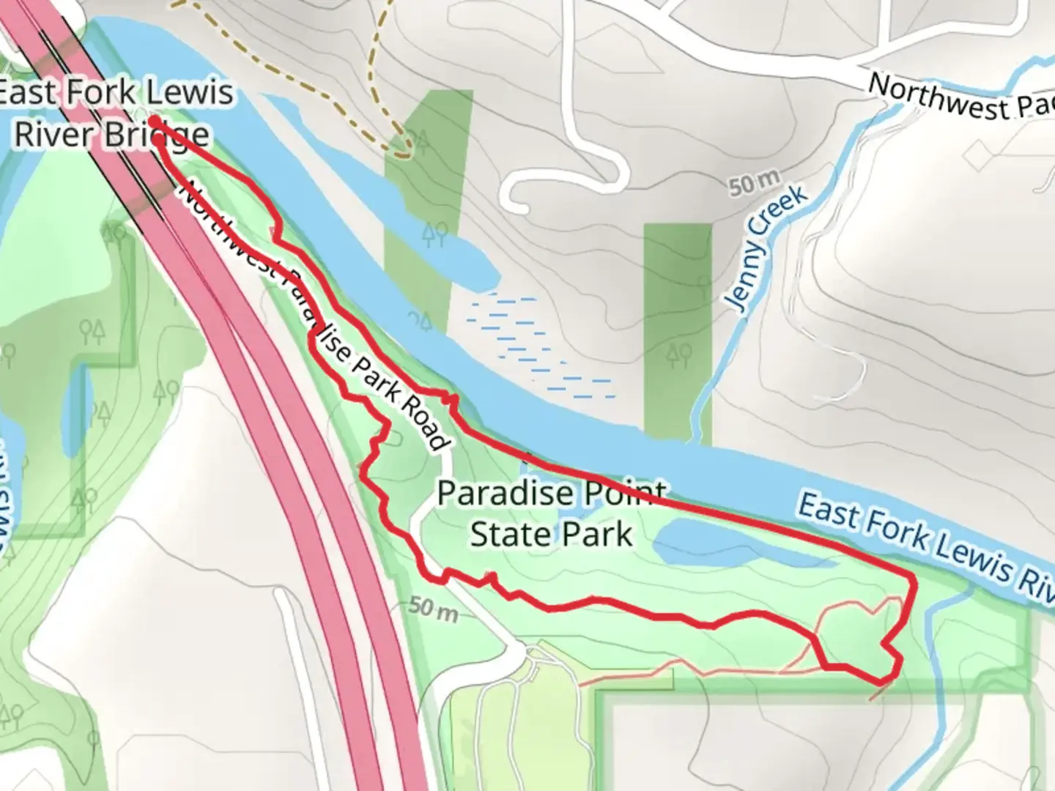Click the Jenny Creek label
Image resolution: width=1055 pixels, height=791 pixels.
pos(766,246)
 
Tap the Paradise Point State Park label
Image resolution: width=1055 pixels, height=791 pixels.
pos(552,513)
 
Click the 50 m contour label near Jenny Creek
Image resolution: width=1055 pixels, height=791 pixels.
pos(754,182)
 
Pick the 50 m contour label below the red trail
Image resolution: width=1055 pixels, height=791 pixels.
pos(434,607)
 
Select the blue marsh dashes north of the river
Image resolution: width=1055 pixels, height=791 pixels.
pos(538,344)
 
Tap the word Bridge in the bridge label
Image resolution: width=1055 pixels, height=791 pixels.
pos(161,135)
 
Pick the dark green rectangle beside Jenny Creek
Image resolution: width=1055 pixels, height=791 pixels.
pos(678,330)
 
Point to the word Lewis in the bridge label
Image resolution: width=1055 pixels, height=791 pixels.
pos(189,93)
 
